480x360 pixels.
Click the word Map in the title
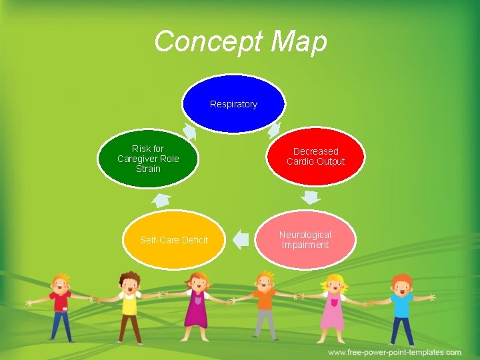[299, 41]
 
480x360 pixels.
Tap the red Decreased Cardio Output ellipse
[316, 157]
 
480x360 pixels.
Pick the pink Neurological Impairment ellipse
[305, 240]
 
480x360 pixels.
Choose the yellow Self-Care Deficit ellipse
[173, 240]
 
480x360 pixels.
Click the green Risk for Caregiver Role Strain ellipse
[148, 159]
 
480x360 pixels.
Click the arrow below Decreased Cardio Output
[310, 197]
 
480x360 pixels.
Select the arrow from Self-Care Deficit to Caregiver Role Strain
[161, 199]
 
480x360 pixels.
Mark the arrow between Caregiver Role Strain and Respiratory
[190, 131]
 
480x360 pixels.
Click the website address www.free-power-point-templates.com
[395, 352]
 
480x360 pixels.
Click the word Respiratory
[233, 104]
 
